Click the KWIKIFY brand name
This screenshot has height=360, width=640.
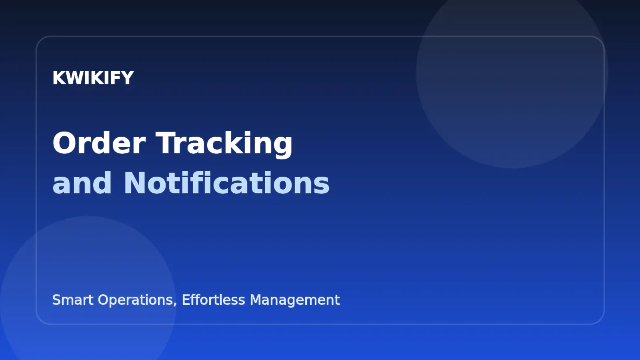tap(93, 78)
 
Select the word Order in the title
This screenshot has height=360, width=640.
tap(99, 143)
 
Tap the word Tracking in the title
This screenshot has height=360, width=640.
tap(224, 143)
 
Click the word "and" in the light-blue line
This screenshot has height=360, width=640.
tap(82, 183)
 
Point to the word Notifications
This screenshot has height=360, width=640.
tap(226, 183)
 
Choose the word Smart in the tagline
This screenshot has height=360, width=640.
tap(73, 300)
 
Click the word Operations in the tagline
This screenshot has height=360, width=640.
tap(136, 300)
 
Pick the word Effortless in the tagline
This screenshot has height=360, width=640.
tap(213, 300)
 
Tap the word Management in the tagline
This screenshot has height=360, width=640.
tap(295, 300)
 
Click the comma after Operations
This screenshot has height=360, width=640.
tap(175, 304)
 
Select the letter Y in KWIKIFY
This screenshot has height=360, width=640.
tap(128, 78)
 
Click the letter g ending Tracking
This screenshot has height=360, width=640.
tap(282, 146)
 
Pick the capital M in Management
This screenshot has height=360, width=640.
tap(256, 300)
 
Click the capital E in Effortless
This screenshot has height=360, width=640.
tap(186, 300)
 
